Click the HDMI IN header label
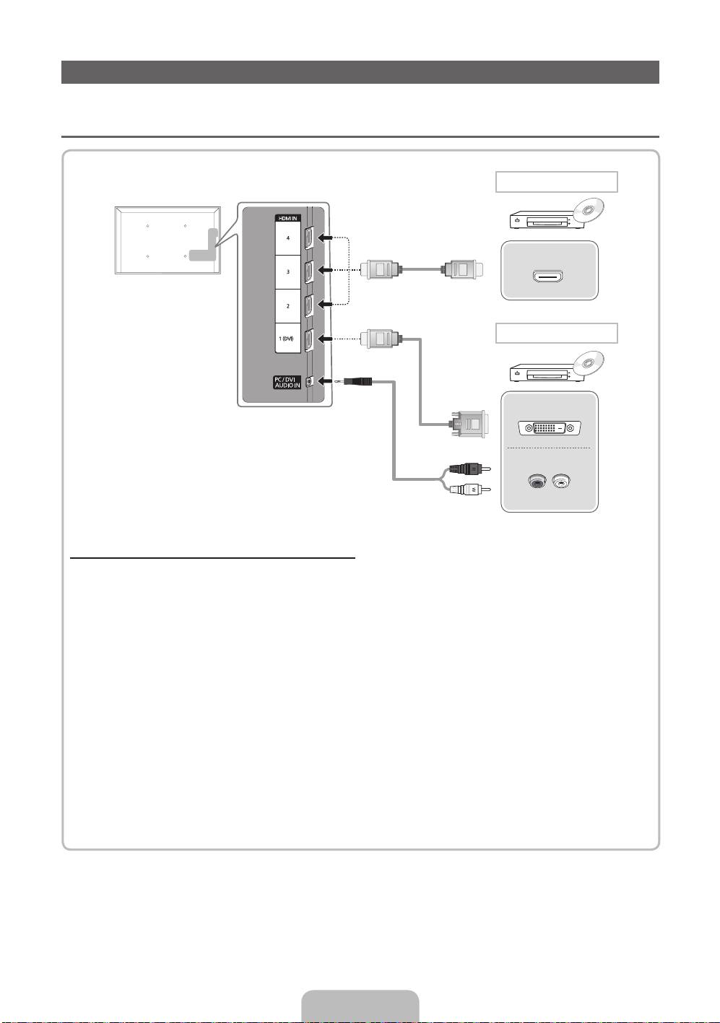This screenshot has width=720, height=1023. coord(287,218)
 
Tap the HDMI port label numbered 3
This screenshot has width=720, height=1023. coord(287,271)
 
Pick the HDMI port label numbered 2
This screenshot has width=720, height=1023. coord(287,306)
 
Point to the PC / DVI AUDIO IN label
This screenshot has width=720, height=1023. coord(287,382)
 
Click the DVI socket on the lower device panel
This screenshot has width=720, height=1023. coord(550,428)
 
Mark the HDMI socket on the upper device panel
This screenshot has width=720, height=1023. coord(549,276)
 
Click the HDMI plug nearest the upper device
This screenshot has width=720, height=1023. coord(461,271)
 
